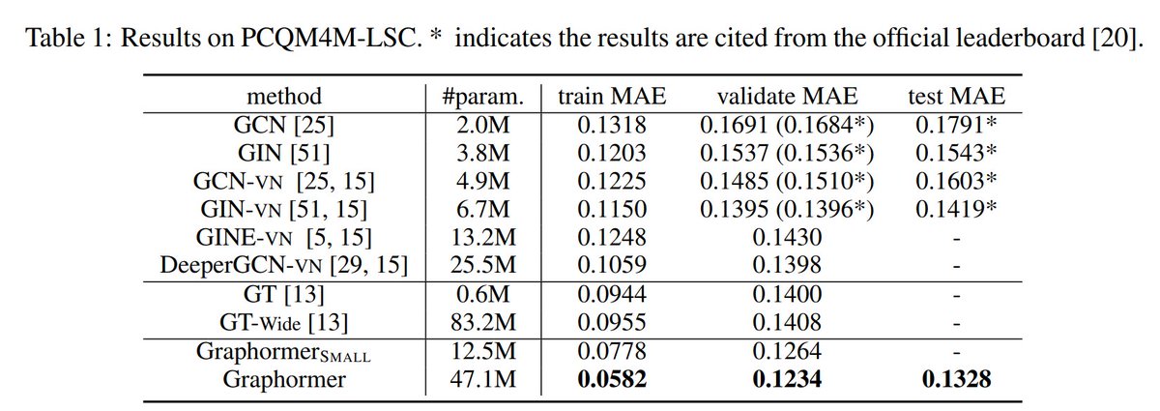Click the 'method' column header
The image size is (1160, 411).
(283, 97)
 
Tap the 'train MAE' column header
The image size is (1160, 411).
(611, 97)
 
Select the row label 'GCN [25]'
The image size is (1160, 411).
(283, 125)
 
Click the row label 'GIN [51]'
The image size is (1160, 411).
(283, 153)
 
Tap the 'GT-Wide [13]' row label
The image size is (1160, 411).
(283, 322)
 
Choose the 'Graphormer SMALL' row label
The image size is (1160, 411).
(283, 351)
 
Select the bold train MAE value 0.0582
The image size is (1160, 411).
(611, 379)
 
